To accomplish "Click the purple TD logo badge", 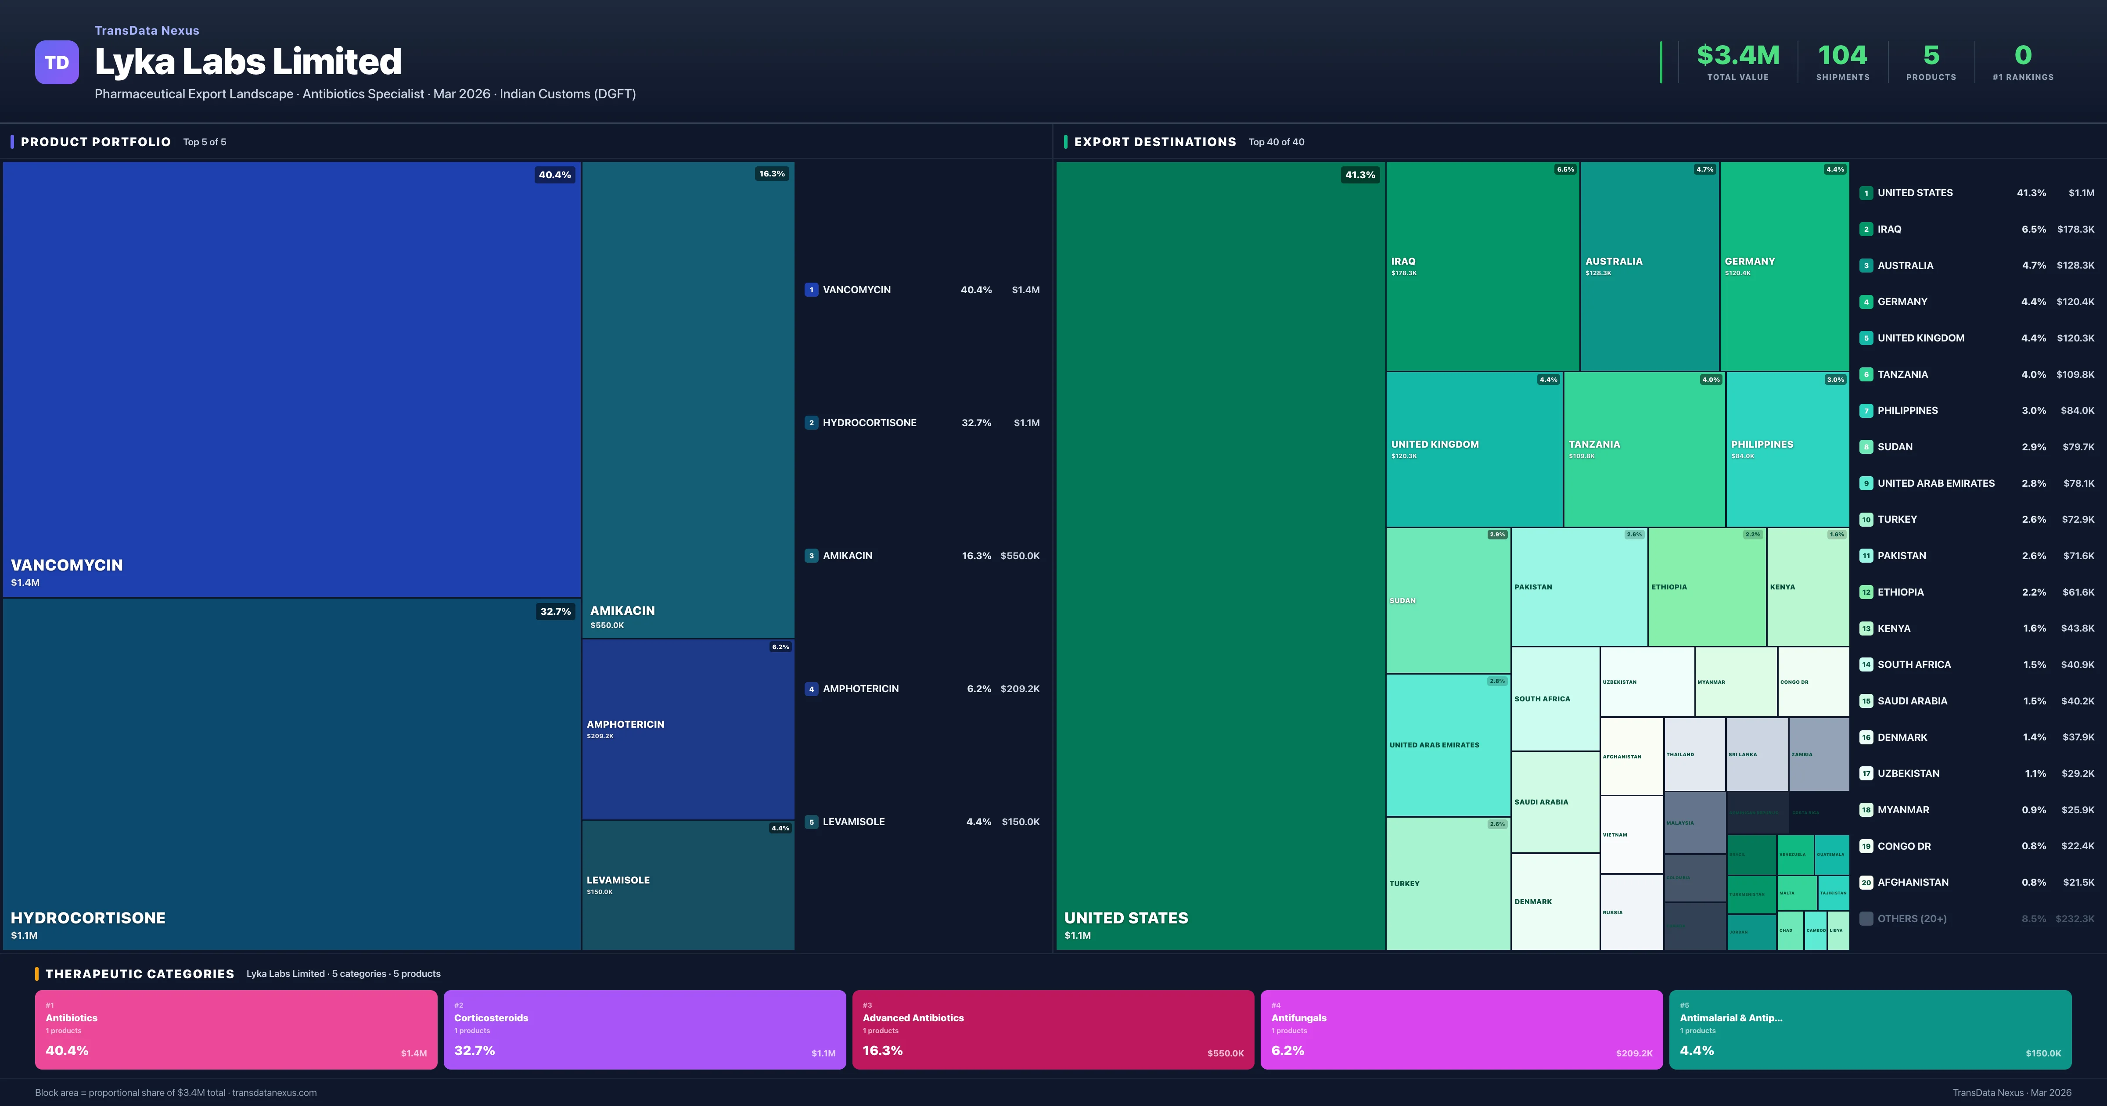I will [57, 62].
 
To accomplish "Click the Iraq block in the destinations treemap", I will [1481, 266].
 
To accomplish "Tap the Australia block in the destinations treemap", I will [1649, 266].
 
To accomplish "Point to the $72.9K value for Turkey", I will [2078, 520].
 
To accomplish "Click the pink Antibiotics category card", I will [236, 1029].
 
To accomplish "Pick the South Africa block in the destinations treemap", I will [1554, 699].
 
